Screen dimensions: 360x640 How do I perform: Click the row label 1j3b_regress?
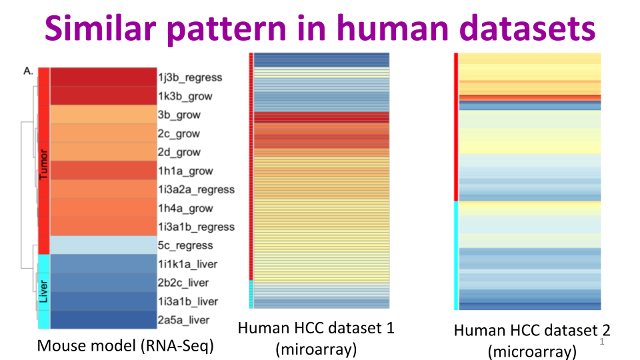pyautogui.click(x=190, y=77)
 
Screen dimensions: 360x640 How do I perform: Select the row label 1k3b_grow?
pyautogui.click(x=185, y=96)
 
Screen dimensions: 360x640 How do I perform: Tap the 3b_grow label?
pyautogui.click(x=179, y=115)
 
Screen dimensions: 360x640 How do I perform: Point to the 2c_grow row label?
pyautogui.click(x=179, y=133)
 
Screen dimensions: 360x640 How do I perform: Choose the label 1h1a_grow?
pyautogui.click(x=185, y=171)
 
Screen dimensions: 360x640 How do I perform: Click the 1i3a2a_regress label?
pyautogui.click(x=196, y=189)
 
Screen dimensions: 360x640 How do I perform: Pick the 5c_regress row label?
pyautogui.click(x=185, y=245)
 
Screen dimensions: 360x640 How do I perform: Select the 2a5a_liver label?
pyautogui.click(x=183, y=320)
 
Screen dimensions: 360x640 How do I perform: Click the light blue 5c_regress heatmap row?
pyautogui.click(x=103, y=245)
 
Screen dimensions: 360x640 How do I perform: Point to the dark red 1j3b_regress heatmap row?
pyautogui.click(x=103, y=77)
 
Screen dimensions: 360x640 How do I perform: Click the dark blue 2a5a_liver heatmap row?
pyautogui.click(x=103, y=320)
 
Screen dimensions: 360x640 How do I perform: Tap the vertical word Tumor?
pyautogui.click(x=44, y=167)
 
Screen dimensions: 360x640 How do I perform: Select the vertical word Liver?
pyautogui.click(x=44, y=291)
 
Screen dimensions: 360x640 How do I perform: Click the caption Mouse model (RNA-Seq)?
pyautogui.click(x=125, y=346)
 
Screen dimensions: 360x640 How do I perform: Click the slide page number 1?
pyautogui.click(x=602, y=343)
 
